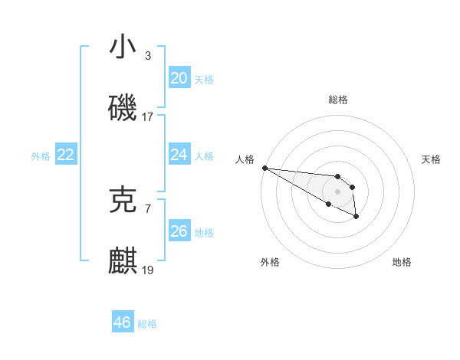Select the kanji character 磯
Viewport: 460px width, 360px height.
coord(123,108)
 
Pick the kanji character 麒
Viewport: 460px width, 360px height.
coord(123,261)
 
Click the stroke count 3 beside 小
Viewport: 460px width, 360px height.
coord(148,56)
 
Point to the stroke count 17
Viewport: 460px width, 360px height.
coord(148,118)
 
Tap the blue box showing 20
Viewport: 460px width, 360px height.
coord(179,78)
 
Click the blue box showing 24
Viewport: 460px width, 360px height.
coord(179,155)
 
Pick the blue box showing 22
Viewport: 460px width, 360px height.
coord(65,155)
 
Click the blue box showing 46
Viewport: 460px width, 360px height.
coord(122,322)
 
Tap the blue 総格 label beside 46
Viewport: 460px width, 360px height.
coord(147,324)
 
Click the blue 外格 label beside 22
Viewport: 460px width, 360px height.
coord(41,156)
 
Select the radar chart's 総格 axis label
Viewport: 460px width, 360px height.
coord(338,100)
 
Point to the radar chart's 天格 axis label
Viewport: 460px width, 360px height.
coord(431,159)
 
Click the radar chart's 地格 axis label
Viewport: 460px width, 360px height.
coord(402,262)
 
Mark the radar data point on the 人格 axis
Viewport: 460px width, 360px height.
coord(264,168)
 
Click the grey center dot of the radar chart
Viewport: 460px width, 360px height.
coord(338,191)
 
